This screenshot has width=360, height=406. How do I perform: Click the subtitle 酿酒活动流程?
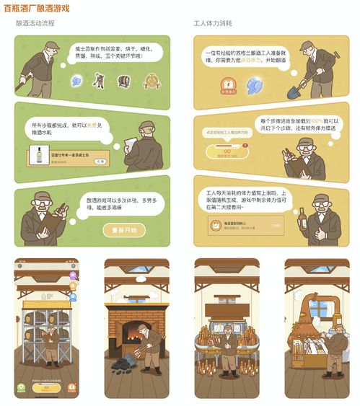[x=35, y=23]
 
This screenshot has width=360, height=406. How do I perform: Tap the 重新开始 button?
[x=123, y=230]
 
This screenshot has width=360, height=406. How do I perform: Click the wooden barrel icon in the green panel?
[x=124, y=81]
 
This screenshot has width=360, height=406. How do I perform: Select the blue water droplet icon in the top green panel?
[x=76, y=81]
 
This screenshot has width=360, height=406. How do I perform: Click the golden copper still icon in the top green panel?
[x=151, y=81]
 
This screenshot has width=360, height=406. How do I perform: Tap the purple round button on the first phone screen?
[x=73, y=276]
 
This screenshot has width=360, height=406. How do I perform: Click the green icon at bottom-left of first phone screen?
[x=21, y=388]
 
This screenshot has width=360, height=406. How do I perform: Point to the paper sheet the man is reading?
[x=131, y=137]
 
